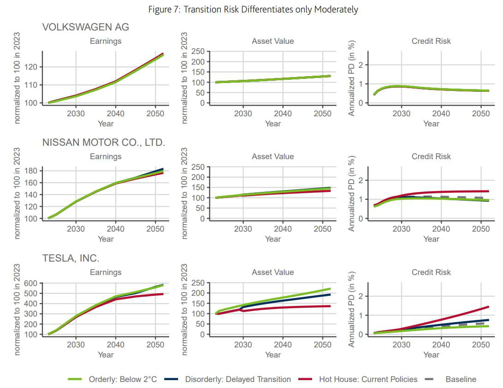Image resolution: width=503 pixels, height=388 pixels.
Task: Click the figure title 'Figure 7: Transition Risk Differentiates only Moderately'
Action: tap(253, 9)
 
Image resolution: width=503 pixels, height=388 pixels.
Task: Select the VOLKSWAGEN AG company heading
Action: tap(86, 27)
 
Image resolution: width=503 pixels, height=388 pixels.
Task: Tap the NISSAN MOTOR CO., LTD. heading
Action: tap(103, 143)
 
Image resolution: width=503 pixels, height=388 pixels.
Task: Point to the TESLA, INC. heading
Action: tap(71, 258)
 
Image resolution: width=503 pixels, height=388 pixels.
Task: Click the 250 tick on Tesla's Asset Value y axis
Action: tap(198, 283)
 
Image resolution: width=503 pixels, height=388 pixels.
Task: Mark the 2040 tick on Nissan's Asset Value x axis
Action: tap(283, 229)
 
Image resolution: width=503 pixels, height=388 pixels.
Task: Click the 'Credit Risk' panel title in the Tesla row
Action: tap(431, 272)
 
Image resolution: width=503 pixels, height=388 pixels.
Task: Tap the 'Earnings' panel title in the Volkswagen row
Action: tap(106, 41)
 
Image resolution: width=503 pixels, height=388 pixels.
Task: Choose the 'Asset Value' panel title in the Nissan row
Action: tap(272, 157)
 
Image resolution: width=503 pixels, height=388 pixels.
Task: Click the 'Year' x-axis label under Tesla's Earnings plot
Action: tap(106, 354)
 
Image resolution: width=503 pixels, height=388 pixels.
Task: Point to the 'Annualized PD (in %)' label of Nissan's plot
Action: tap(352, 194)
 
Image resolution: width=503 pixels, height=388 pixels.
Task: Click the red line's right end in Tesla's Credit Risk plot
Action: tap(488, 307)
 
